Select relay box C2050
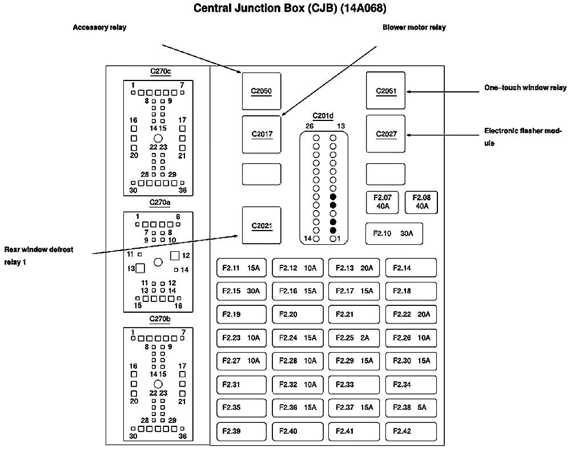(261, 91)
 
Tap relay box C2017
(262, 135)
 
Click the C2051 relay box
(385, 91)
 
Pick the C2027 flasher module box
(385, 134)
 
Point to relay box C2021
(262, 225)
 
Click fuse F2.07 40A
(382, 202)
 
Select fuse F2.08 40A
(421, 202)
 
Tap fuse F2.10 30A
(393, 233)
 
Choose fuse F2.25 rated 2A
(353, 338)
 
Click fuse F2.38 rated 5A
(411, 407)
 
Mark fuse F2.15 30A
(242, 291)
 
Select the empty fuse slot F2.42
(411, 431)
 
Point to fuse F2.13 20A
(353, 268)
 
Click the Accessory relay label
(99, 27)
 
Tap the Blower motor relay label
(414, 27)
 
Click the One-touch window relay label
(525, 88)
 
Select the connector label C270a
(160, 202)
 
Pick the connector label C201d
(323, 116)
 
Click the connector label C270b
(160, 318)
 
